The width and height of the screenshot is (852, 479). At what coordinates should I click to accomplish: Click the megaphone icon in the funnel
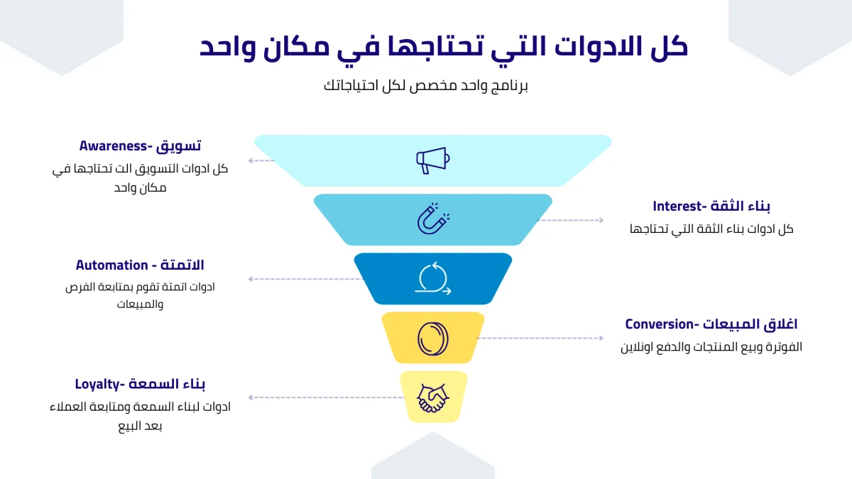433,160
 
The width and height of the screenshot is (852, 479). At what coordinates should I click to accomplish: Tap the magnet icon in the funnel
433,219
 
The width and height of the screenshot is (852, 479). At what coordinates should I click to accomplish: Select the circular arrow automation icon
433,279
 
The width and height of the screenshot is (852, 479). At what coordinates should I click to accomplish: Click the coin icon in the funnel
433,338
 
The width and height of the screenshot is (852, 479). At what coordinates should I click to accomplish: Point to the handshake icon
433,397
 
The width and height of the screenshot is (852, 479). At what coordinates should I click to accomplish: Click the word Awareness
113,146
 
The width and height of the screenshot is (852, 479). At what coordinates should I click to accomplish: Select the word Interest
677,207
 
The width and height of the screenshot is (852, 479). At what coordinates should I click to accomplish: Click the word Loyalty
97,385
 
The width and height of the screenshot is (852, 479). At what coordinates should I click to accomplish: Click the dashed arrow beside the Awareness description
261,161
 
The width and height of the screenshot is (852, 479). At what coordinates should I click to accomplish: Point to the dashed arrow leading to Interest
570,220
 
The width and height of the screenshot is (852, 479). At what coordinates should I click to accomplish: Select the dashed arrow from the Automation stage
306,279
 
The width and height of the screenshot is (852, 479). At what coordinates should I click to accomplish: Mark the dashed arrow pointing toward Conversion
540,338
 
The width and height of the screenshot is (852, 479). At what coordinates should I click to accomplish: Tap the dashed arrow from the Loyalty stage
326,397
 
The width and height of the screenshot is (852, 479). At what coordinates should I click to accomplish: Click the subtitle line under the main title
426,86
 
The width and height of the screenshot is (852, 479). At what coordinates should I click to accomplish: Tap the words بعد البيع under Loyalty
140,426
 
